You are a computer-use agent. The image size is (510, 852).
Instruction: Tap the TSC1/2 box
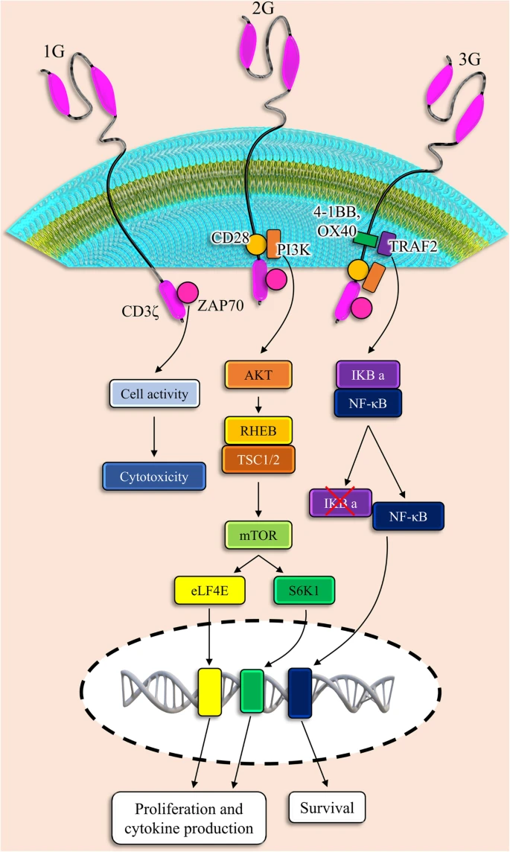(x=257, y=460)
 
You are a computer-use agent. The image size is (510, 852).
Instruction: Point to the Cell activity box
(x=154, y=392)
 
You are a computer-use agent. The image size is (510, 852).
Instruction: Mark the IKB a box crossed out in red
(x=340, y=503)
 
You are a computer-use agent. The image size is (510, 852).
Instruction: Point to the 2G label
(x=262, y=10)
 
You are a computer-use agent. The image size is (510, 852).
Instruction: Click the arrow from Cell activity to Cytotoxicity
(x=154, y=433)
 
